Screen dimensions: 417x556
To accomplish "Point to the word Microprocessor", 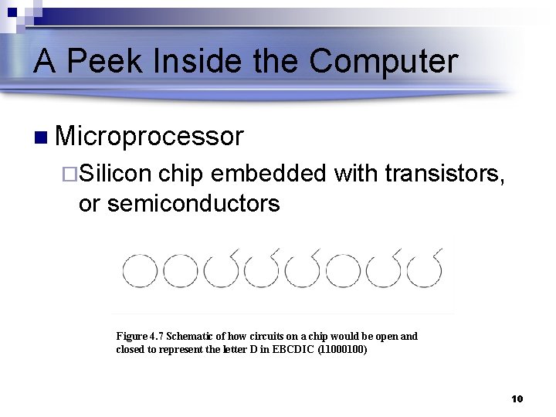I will point(150,137).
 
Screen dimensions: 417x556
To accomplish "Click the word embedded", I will point(269,175).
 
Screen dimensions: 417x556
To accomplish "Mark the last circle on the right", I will point(424,270).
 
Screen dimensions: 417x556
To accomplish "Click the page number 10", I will point(517,398).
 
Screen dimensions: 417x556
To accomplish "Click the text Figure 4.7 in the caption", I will point(140,336).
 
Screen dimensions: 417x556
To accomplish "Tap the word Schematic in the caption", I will point(191,336).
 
